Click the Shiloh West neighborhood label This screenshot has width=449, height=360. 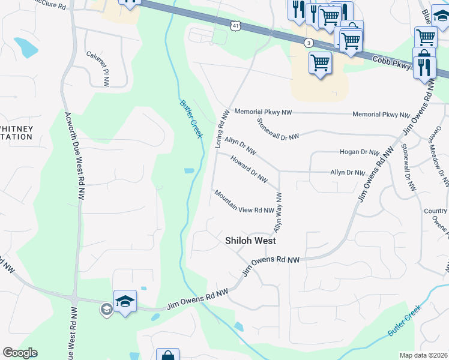click(x=250, y=241)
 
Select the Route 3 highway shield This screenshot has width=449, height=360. click(x=309, y=43)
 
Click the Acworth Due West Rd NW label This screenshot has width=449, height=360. click(x=74, y=157)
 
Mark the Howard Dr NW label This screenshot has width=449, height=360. click(x=249, y=170)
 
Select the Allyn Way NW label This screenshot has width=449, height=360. click(x=278, y=212)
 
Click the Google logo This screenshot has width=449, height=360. click(x=20, y=353)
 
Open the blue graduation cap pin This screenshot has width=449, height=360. click(x=125, y=299)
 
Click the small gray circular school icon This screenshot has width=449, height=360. click(x=106, y=309)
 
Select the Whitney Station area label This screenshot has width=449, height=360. click(x=16, y=133)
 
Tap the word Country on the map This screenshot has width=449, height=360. click(x=435, y=211)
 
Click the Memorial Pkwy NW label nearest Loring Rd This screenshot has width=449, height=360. click(x=263, y=112)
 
